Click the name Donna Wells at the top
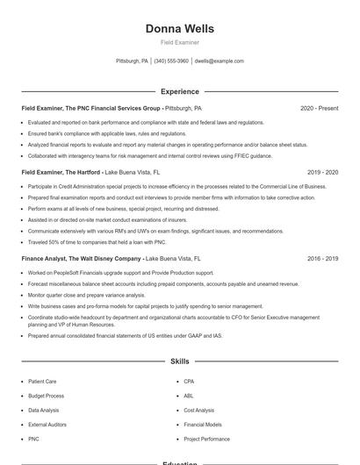[179, 28]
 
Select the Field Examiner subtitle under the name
[179, 42]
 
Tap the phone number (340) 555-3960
[171, 61]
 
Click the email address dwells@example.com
[219, 61]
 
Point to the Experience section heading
[179, 91]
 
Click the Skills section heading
[179, 361]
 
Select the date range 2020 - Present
[319, 109]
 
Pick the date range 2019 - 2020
[322, 173]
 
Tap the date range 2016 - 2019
[322, 260]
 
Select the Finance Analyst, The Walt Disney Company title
[81, 260]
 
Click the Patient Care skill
[43, 382]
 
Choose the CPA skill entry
[189, 382]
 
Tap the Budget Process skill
[46, 396]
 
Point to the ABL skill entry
[188, 396]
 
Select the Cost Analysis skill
[198, 410]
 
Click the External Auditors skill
[47, 424]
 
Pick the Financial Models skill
[202, 424]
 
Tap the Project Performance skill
[206, 439]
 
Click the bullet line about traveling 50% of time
[97, 240]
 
